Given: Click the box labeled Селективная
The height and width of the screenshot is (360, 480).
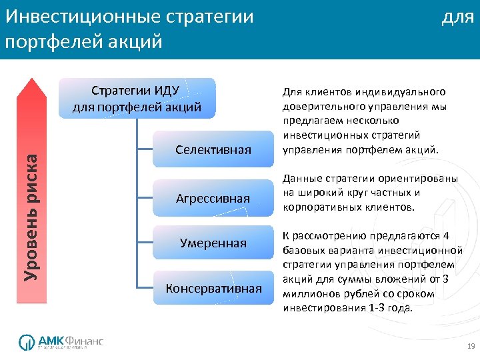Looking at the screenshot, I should coord(213,149).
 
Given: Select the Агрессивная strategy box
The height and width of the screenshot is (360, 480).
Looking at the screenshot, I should coord(213,198).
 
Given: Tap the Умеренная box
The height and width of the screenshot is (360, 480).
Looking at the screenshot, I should coord(213,243).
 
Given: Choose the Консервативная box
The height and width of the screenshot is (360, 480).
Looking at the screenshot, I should coord(213,288).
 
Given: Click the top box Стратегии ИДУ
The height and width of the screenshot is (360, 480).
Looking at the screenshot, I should coord(137,98).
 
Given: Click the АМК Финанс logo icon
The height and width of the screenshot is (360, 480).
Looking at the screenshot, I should coord(26,342).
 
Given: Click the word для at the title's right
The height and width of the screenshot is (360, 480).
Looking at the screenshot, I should coord(458,17).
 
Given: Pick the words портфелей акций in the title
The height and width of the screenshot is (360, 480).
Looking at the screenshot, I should coord(83,41).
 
